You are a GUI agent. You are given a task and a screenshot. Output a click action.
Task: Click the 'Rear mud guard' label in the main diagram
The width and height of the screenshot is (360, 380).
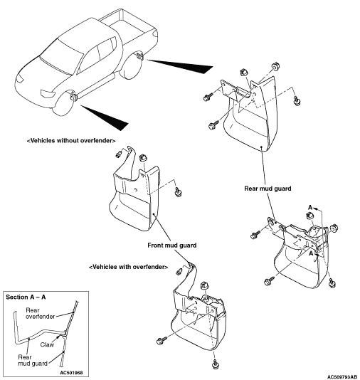click(268, 189)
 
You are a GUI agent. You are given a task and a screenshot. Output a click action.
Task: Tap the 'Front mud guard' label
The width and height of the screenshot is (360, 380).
click(171, 246)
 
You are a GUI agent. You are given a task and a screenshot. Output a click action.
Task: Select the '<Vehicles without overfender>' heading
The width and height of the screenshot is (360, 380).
click(71, 141)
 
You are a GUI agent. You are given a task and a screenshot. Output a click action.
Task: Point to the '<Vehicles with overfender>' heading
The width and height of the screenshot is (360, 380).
click(128, 267)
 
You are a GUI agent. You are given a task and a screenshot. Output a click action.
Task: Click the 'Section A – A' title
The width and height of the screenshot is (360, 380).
click(26, 297)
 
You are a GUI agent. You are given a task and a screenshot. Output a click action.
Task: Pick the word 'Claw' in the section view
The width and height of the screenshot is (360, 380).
click(47, 344)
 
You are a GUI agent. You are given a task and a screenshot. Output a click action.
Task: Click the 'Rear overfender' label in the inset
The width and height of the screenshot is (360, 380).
click(40, 313)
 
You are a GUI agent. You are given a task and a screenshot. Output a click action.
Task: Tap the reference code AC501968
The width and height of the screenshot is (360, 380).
click(71, 372)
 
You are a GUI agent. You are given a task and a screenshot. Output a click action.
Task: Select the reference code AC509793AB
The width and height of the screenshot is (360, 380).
click(342, 377)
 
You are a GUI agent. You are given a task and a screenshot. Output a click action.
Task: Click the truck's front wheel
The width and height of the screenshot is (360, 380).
click(63, 103)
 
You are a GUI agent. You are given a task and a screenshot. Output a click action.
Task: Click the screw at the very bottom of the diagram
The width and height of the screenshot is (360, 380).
click(216, 364)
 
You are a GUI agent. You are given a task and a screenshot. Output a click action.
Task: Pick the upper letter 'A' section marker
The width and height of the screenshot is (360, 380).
click(310, 208)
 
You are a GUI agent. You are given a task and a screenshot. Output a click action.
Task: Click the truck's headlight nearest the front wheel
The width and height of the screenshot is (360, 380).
click(48, 94)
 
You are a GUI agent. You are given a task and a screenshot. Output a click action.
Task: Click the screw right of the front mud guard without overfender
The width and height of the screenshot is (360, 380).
click(178, 192)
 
